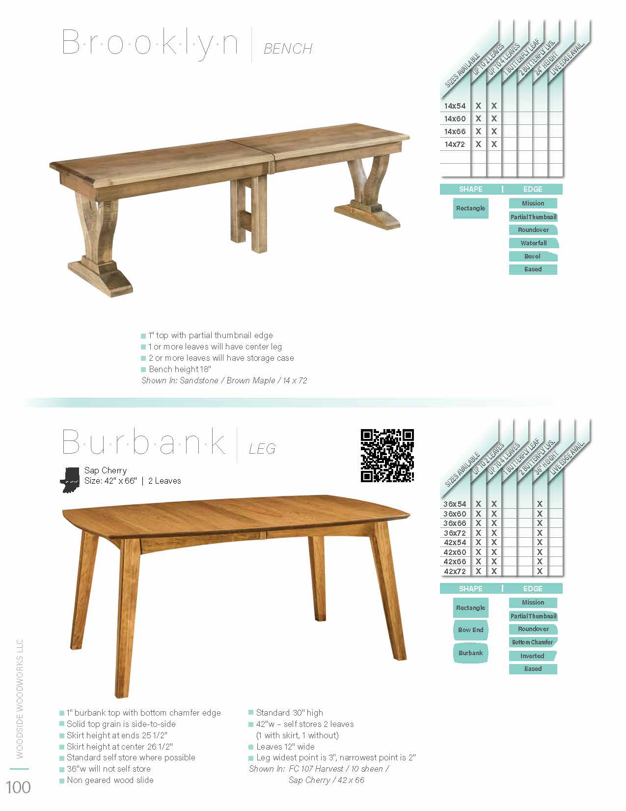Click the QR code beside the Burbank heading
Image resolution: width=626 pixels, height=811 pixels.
coord(387,456)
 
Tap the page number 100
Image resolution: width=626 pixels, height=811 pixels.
coord(19,787)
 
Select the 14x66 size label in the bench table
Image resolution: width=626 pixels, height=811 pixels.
coord(455,132)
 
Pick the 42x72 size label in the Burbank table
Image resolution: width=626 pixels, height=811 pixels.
coord(455,571)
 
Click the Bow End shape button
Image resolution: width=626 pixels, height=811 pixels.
coord(470,630)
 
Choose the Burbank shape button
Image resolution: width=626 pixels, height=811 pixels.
coord(470,653)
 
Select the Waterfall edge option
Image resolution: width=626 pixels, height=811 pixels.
coord(533,243)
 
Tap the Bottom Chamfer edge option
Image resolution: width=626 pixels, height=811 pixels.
coord(533,642)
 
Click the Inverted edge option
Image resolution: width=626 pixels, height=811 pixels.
coord(532,656)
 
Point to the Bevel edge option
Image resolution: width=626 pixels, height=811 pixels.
coord(532,257)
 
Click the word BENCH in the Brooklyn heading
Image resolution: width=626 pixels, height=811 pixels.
coord(288,49)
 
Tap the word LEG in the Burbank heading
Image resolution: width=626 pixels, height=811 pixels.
coord(262,449)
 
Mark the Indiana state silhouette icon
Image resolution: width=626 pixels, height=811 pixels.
coord(70,479)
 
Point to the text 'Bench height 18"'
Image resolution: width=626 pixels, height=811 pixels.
coord(180,370)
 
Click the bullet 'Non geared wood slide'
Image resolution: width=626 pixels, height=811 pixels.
coord(110,781)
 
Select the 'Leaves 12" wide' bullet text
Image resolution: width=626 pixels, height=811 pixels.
coord(285,747)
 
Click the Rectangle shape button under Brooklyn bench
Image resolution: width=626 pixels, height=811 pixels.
coord(470,208)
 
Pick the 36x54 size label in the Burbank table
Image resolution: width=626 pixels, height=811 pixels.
coord(455,504)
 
